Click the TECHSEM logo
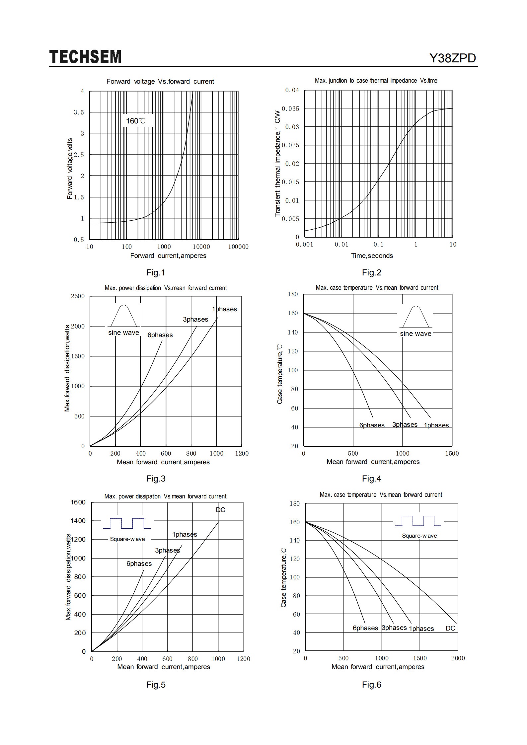coord(85,57)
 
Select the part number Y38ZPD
coord(453,58)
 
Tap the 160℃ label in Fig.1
coord(135,121)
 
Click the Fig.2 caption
coord(371,273)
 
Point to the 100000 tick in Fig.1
coord(238,247)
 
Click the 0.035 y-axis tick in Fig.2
coord(290,109)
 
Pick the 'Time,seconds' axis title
coord(372,256)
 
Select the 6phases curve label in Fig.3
coord(160,335)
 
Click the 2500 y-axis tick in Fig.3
coord(78,296)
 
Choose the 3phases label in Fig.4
coord(405,425)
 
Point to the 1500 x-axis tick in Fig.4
coord(452,454)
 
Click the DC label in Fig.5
coord(220,510)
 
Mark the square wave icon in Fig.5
coord(127,523)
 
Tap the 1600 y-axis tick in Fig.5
coord(78,502)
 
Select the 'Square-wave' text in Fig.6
coord(419,536)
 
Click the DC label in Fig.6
coord(450,628)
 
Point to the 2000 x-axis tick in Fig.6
coord(458,658)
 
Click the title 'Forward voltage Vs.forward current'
coord(160,82)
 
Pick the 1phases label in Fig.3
coord(224,309)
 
